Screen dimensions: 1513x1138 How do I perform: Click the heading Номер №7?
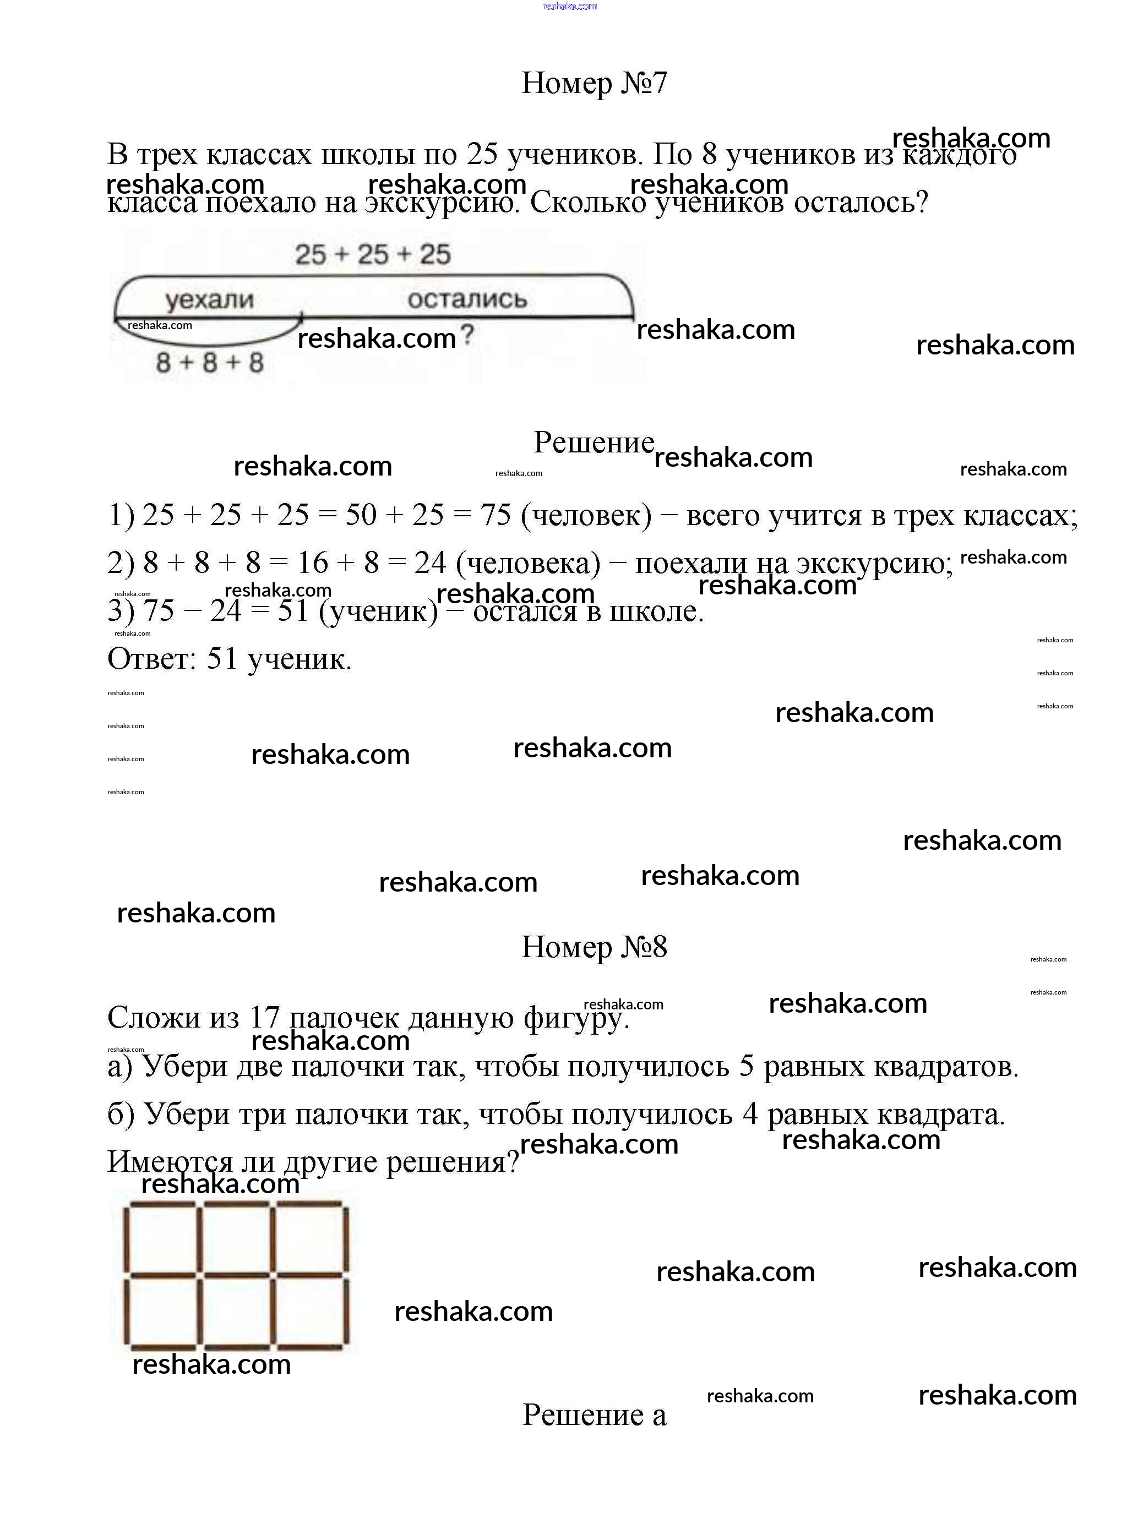pos(593,84)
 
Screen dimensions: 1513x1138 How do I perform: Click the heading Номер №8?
pos(593,947)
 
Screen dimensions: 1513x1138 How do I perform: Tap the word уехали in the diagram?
pos(209,299)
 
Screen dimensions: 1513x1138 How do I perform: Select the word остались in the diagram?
pos(467,299)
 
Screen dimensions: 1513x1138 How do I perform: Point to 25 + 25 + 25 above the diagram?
pos(373,255)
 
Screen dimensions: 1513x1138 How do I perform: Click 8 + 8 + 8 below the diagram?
pos(209,363)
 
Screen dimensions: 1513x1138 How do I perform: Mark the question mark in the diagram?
pos(467,335)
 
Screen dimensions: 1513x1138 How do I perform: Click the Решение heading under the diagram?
pos(593,443)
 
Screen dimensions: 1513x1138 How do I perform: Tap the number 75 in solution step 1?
pos(496,515)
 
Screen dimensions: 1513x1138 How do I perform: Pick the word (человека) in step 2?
pos(527,564)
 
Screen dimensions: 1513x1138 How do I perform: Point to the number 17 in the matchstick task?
pos(264,1018)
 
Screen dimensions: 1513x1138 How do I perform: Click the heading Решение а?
pos(593,1415)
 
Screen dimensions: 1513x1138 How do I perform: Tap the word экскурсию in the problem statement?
pos(440,203)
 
